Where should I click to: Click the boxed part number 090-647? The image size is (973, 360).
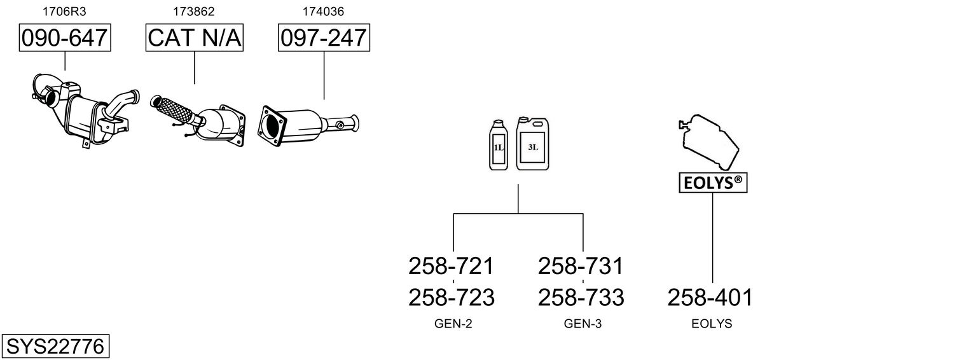[x=65, y=38]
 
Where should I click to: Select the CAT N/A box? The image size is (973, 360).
[x=194, y=38]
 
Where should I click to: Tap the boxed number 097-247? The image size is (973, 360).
[x=324, y=38]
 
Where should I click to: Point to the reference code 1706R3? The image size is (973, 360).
[x=64, y=11]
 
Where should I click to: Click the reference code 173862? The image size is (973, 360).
[x=194, y=11]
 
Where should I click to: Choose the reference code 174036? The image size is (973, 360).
[x=323, y=11]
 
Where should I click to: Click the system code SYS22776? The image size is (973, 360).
[x=55, y=347]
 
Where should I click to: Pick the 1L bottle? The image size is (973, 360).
[x=498, y=144]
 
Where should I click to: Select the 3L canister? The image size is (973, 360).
[x=532, y=143]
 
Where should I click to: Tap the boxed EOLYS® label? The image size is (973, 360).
[x=713, y=183]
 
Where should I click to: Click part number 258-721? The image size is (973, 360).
[x=451, y=266]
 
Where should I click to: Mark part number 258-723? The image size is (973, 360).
[x=452, y=298]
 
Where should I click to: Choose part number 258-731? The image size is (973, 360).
[x=581, y=266]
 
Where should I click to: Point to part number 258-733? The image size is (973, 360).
[x=581, y=298]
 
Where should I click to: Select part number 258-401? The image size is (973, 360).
[x=710, y=298]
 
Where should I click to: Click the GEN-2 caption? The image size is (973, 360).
[x=453, y=324]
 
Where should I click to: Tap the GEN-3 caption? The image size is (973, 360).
[x=583, y=324]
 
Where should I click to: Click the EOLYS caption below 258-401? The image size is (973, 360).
[x=712, y=324]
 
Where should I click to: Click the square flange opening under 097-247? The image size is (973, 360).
[x=272, y=125]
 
